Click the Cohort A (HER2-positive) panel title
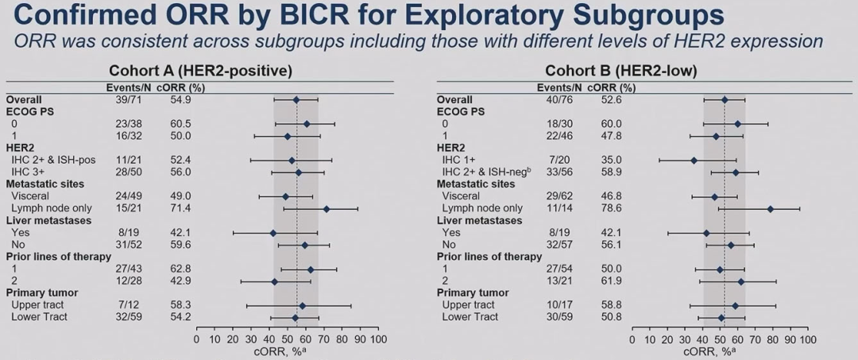click(x=200, y=71)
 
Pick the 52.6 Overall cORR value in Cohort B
click(x=599, y=100)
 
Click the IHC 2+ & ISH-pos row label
click(x=52, y=160)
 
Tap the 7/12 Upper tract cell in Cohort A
click(x=127, y=305)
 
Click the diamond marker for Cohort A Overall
click(x=296, y=100)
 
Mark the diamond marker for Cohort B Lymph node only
click(x=770, y=209)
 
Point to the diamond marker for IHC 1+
click(x=694, y=161)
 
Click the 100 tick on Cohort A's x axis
click(x=378, y=339)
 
